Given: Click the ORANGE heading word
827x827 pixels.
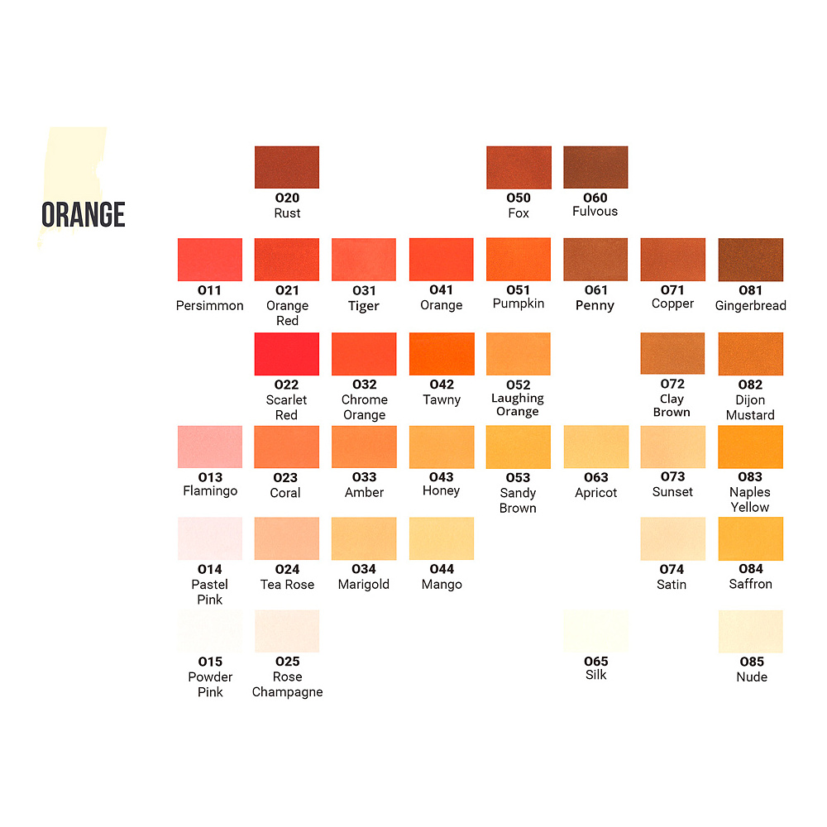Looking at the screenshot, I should (x=84, y=215).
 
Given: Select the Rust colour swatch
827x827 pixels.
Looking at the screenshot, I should (x=286, y=167).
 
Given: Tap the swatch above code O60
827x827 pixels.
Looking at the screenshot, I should (x=595, y=167).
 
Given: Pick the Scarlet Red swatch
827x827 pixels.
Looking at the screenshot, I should (x=286, y=354).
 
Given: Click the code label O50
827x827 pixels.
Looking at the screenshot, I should (x=519, y=198).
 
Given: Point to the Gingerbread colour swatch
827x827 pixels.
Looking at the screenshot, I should (x=750, y=260).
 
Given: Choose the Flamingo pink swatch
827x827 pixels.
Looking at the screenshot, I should (x=210, y=447).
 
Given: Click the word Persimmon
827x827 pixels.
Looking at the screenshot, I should (x=210, y=306).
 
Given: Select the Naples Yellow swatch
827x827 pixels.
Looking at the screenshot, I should (x=750, y=447).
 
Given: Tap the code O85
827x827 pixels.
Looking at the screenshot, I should (x=750, y=662).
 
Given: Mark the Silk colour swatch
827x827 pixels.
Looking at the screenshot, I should (x=595, y=631).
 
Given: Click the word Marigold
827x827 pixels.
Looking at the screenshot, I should (x=364, y=585).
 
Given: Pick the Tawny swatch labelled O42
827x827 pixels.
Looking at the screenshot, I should (x=442, y=354).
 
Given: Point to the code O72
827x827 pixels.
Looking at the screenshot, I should (x=672, y=385).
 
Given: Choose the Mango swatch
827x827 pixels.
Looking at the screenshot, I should (x=442, y=538).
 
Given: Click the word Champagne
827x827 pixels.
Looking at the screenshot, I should (x=287, y=692).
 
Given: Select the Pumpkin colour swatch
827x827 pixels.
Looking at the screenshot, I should (x=519, y=260).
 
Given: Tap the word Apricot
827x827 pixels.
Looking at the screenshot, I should (x=595, y=493).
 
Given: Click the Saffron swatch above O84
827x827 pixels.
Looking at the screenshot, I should (x=750, y=538).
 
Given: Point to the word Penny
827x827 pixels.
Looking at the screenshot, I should (x=595, y=306).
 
